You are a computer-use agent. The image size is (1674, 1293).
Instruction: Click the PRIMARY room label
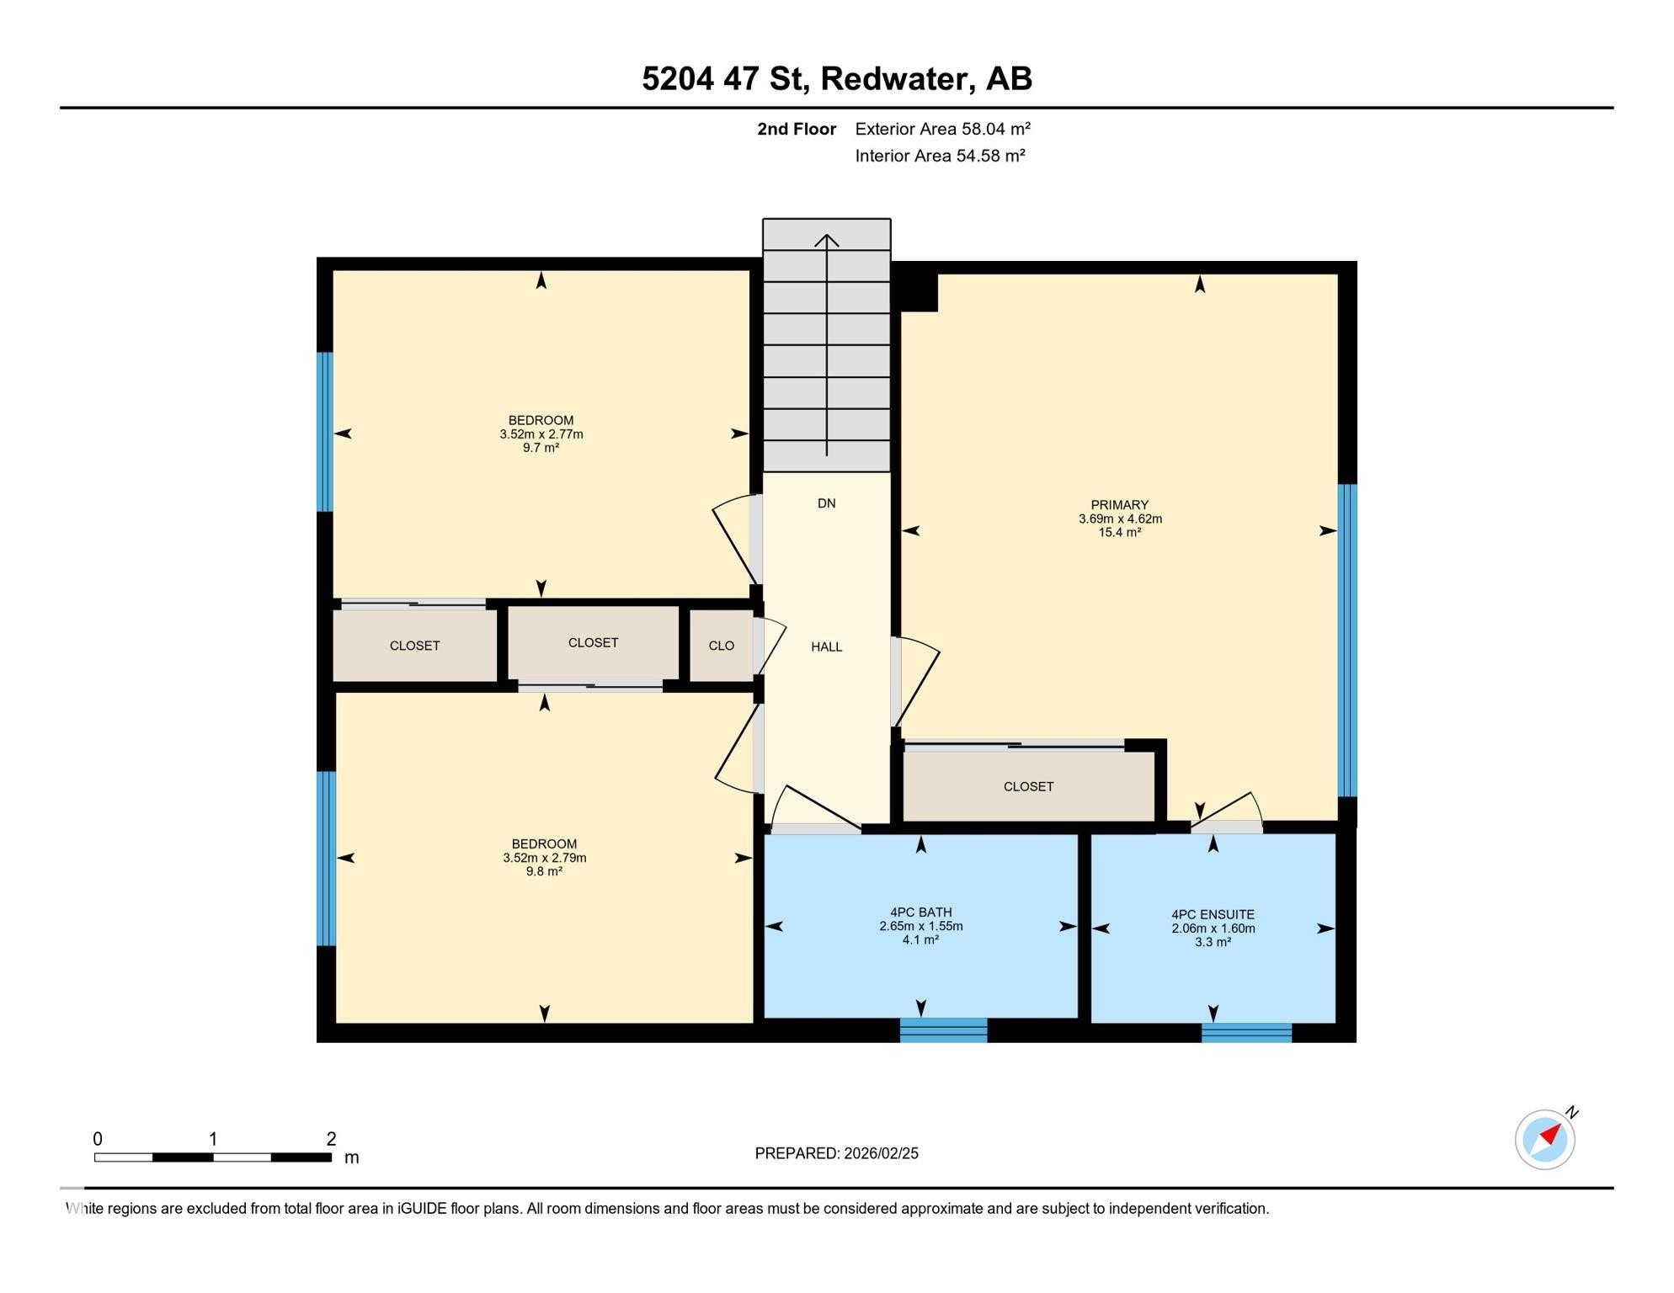(1119, 505)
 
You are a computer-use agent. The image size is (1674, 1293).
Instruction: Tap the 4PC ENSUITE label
(1213, 914)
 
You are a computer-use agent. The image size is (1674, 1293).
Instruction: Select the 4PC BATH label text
(920, 912)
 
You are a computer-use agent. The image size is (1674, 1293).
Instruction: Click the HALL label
(826, 646)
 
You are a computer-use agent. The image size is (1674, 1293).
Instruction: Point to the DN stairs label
(826, 503)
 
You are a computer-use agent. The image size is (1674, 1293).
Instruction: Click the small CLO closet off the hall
(721, 646)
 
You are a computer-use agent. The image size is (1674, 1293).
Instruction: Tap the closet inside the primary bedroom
(1028, 786)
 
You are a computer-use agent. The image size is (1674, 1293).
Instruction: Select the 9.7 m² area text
(541, 448)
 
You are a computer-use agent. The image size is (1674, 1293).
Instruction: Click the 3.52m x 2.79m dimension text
(544, 858)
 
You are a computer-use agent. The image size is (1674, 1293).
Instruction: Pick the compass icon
(1545, 1139)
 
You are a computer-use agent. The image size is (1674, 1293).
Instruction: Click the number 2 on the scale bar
(331, 1139)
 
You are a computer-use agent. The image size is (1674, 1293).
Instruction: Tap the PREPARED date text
(836, 1153)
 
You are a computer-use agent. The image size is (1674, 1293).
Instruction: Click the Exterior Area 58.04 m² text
(942, 129)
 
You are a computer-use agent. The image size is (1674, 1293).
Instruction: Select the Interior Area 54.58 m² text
(940, 156)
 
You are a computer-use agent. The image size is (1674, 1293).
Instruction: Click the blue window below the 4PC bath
(943, 1030)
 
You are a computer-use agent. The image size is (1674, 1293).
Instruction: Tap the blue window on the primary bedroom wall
(1347, 640)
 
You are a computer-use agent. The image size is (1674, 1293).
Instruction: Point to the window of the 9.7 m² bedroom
(324, 431)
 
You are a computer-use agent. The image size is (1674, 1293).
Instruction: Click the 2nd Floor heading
(796, 129)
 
